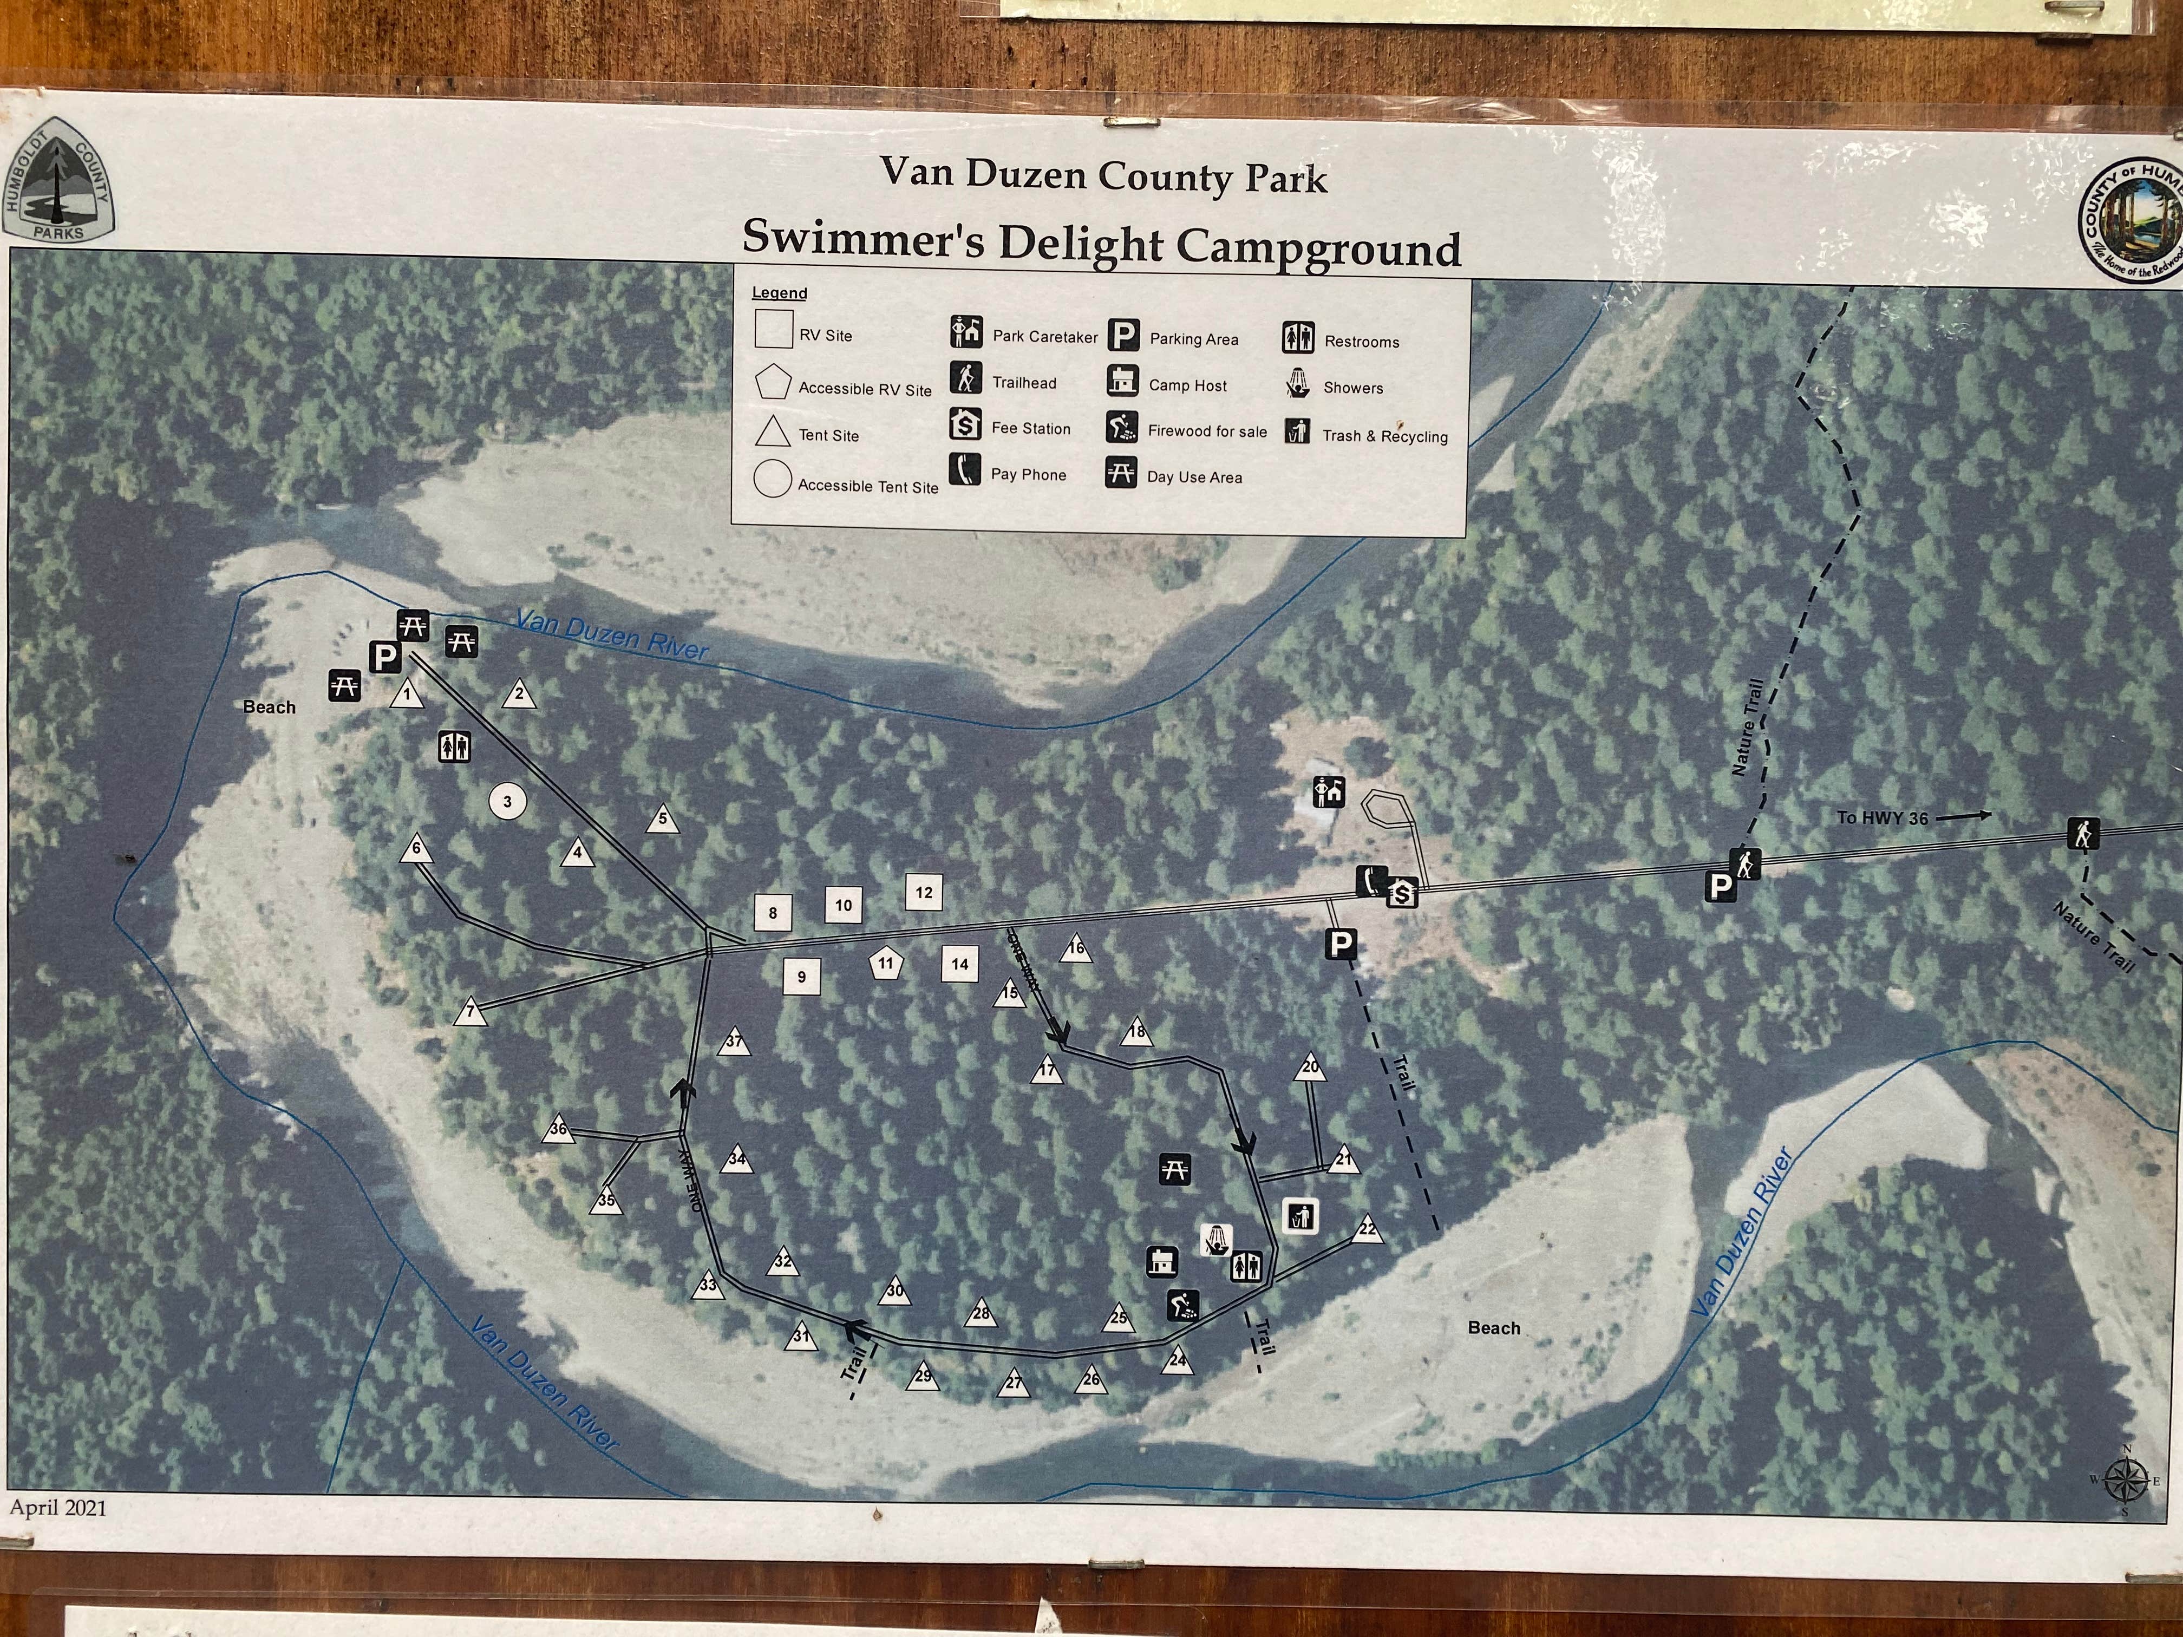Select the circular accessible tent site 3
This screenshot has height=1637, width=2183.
tap(507, 801)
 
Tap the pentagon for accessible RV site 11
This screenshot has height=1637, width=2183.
tap(886, 964)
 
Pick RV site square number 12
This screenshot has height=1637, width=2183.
tap(924, 892)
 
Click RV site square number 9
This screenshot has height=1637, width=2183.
tap(801, 977)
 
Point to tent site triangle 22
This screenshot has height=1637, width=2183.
tap(1368, 1230)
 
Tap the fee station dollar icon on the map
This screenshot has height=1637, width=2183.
tap(1402, 893)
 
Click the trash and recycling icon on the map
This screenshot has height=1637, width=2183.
tap(1302, 1216)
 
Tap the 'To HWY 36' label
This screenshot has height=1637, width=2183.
tap(1881, 818)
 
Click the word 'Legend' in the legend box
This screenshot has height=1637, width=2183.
tap(779, 293)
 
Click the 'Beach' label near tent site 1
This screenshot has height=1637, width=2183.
tap(269, 706)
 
